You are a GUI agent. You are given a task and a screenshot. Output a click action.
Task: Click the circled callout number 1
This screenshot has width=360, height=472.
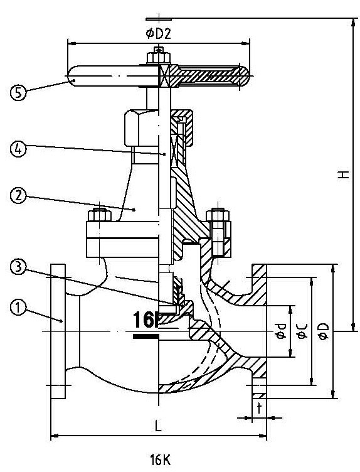tap(18, 308)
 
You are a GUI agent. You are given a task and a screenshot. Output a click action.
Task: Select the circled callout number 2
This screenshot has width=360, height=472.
tap(18, 196)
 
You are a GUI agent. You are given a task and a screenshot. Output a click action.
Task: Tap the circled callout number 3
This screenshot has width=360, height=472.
tap(18, 267)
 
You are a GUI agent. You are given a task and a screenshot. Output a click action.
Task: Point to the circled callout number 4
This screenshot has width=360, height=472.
tap(18, 148)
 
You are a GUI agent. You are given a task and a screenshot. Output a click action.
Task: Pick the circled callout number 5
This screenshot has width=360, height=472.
tap(18, 92)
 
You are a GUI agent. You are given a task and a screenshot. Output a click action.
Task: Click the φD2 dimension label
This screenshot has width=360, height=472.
tap(159, 34)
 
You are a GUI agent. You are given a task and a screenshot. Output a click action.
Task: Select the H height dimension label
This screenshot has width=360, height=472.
tap(343, 174)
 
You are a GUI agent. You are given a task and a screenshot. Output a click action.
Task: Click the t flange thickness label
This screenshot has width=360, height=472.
tap(259, 408)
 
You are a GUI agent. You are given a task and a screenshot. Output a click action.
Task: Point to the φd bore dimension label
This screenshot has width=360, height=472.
tap(281, 331)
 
